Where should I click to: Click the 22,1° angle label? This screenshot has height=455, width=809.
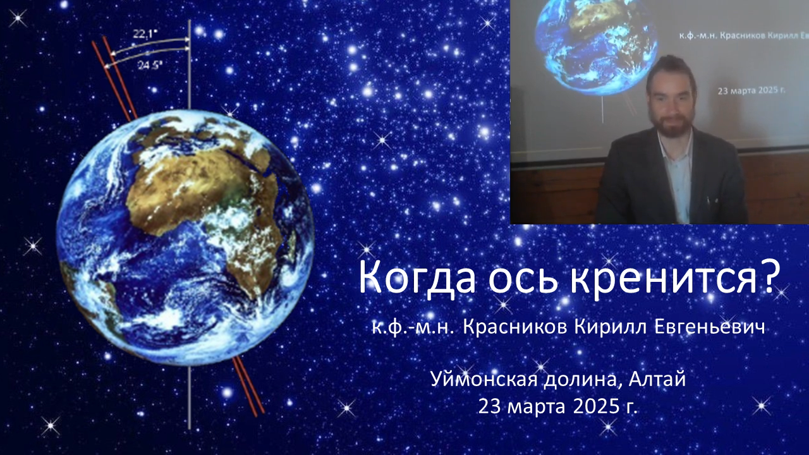coord(145,34)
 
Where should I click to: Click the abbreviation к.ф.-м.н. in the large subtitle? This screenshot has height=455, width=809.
coord(413,328)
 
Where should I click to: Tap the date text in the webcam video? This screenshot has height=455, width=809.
coord(751,90)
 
